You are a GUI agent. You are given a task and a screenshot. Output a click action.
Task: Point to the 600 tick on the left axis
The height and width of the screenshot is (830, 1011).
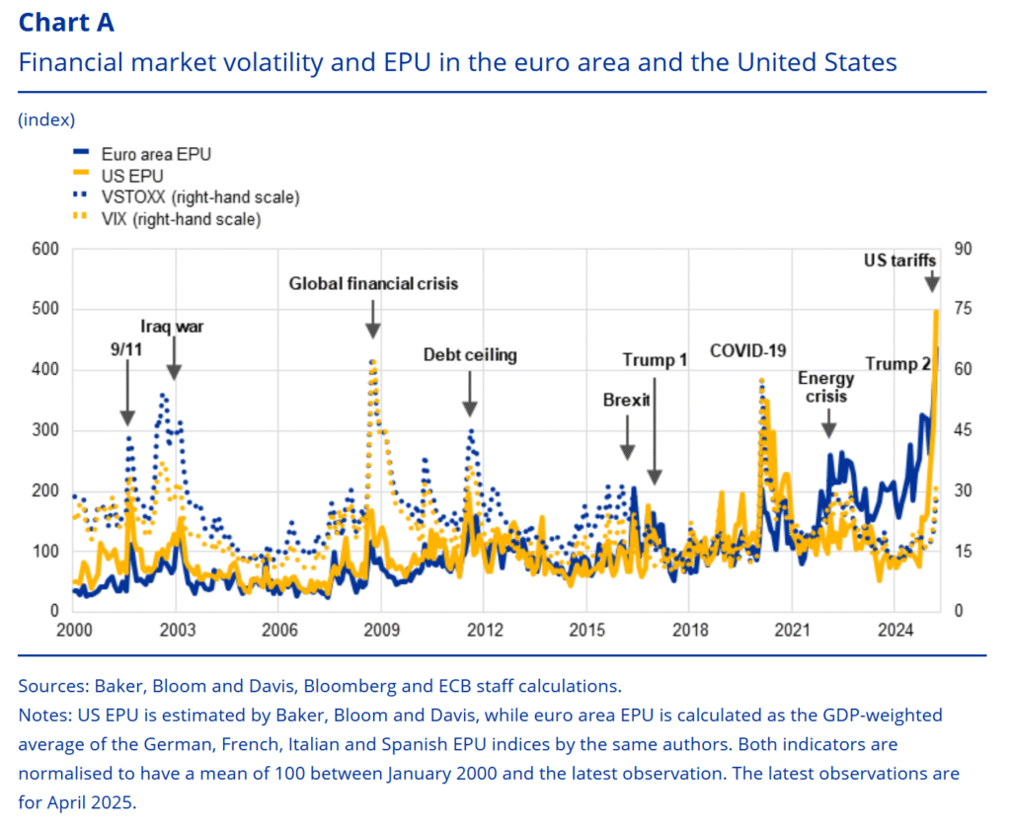[x=46, y=250]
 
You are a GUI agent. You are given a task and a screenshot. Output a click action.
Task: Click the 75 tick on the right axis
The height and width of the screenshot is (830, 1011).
[x=963, y=310]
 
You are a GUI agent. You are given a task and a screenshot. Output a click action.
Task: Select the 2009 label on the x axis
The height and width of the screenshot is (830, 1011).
[x=381, y=630]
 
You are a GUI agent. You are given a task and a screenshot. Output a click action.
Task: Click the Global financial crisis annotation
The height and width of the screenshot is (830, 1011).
[x=373, y=284]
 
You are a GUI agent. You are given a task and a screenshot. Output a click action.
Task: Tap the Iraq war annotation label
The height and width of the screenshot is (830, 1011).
[x=173, y=326]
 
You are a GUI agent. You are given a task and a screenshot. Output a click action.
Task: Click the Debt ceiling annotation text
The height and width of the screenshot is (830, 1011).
[x=470, y=355]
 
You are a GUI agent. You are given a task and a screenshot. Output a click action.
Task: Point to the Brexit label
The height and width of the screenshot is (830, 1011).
[x=626, y=400]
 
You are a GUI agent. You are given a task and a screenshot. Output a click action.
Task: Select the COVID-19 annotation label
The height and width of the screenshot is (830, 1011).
[x=747, y=350]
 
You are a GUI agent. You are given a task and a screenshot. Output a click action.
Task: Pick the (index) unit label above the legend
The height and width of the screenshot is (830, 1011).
[x=46, y=119]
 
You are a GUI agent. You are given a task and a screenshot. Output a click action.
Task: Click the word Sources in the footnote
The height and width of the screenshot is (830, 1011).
[x=49, y=685]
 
